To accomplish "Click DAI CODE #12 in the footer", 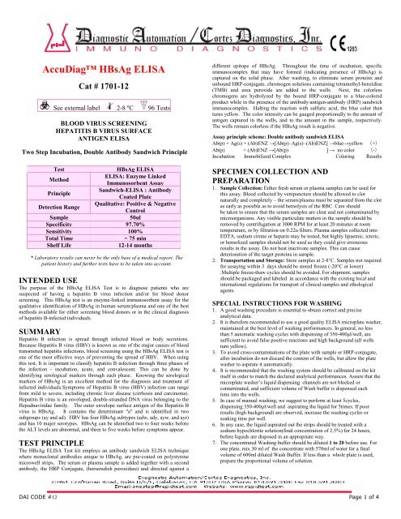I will [33, 509].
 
